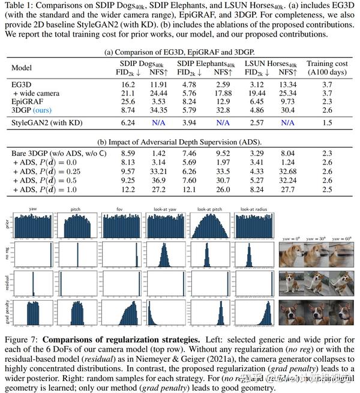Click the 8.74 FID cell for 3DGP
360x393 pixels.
(123, 111)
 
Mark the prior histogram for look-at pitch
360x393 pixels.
(206, 226)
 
